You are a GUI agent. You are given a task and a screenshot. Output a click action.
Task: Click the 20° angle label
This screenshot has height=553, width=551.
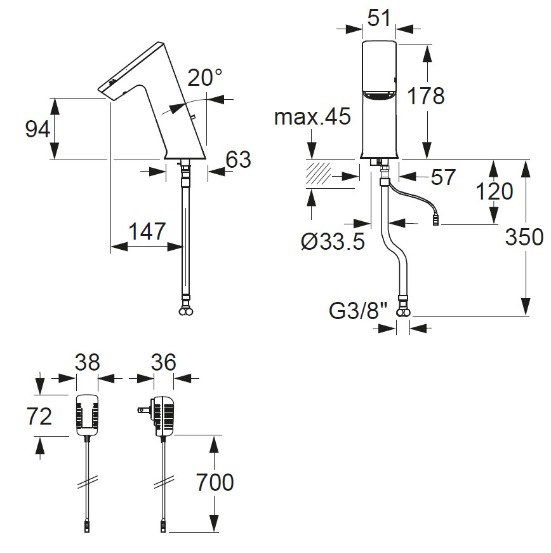205,79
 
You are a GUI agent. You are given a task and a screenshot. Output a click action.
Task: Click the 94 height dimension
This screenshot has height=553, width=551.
37,129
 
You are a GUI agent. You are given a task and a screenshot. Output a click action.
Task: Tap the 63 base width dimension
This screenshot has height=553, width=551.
238,160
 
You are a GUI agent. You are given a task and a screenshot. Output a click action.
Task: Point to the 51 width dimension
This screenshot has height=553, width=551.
379,18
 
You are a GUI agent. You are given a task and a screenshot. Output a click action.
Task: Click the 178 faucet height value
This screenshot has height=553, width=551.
425,97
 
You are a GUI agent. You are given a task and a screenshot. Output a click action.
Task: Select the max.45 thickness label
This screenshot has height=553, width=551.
312,117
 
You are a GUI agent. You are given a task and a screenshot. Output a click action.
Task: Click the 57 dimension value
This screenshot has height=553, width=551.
443,177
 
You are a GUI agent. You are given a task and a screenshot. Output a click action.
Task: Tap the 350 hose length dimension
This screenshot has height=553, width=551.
524,237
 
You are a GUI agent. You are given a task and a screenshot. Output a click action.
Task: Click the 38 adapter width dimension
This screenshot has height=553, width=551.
87,362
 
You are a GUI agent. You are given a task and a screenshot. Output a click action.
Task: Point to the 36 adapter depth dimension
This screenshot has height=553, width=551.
164,362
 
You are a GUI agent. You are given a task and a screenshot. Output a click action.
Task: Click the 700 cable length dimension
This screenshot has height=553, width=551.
215,482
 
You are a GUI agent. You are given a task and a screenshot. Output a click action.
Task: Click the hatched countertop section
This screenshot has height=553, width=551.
319,174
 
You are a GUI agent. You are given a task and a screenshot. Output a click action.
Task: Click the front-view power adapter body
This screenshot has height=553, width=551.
87,414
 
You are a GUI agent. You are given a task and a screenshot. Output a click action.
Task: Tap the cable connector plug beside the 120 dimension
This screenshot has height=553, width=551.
436,222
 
